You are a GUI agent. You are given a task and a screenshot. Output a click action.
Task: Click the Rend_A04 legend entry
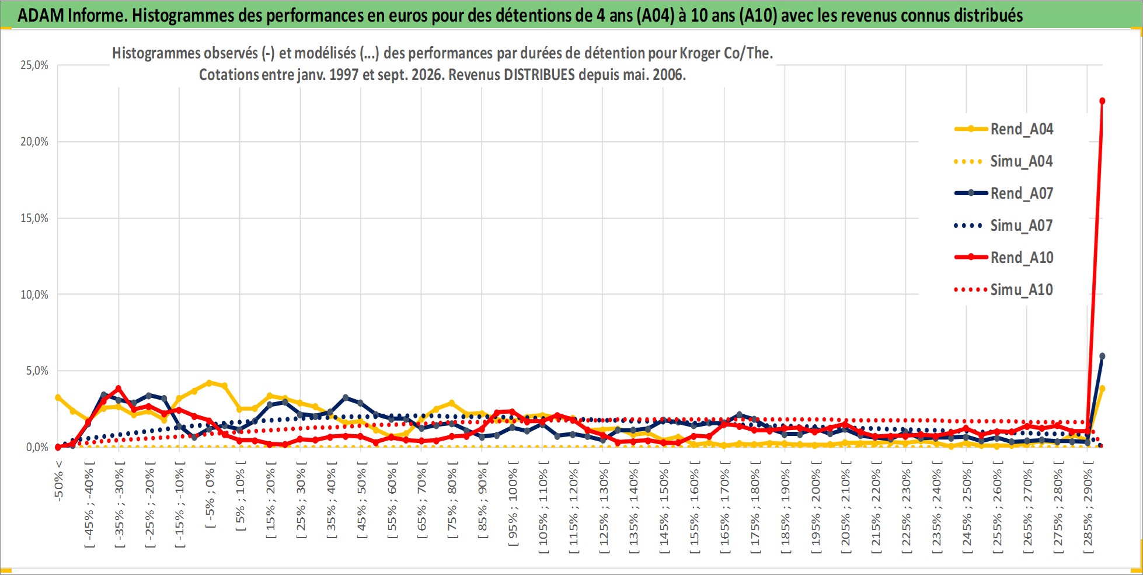tap(1004, 129)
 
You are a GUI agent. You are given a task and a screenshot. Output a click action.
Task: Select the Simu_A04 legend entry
tap(1004, 161)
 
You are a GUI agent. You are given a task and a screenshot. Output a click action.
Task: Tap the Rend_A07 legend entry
tap(1004, 193)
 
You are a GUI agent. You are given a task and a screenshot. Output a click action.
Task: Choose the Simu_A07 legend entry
tap(1004, 226)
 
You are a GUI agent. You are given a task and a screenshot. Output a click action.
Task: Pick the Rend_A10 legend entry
tap(1004, 258)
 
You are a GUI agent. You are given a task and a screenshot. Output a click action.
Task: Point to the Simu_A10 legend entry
tap(1004, 290)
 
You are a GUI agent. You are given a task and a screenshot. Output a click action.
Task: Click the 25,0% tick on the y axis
tap(34, 65)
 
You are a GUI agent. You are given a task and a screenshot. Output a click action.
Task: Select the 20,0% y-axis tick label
tap(34, 142)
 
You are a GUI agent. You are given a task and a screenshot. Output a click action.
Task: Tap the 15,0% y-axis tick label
tap(34, 219)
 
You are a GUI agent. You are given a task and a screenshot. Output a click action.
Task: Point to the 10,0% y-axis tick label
tap(34, 295)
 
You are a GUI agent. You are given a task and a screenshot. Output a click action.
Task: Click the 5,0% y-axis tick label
tap(37, 371)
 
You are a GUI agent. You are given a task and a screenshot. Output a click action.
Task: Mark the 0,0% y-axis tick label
tap(37, 448)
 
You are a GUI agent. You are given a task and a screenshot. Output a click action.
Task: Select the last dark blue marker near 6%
tap(1102, 356)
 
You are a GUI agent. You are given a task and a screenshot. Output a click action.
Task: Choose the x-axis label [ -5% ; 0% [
tap(210, 494)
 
